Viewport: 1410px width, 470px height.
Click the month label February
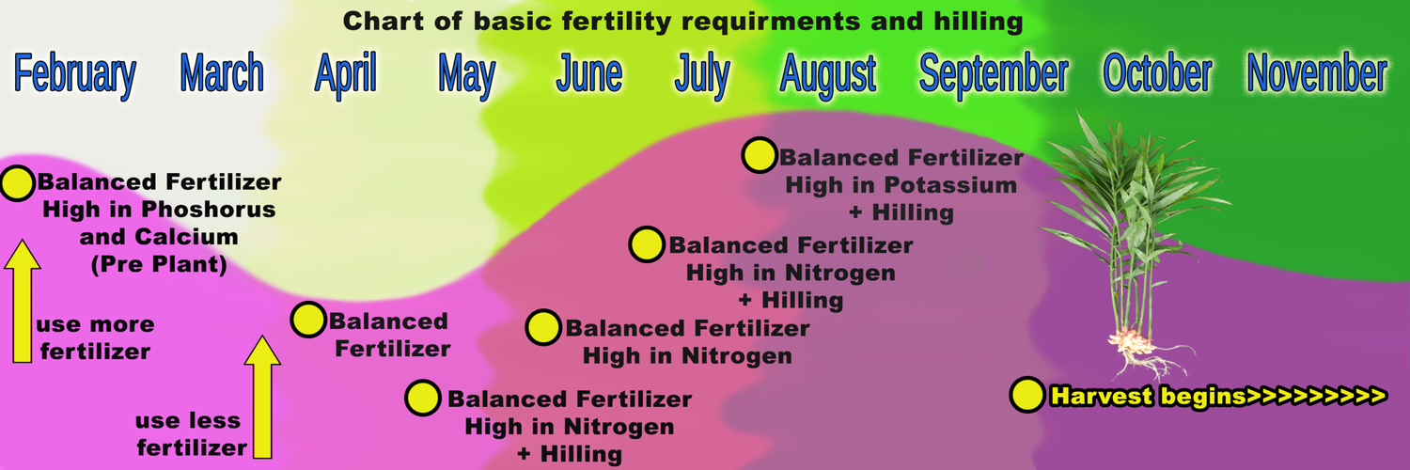pyautogui.click(x=75, y=74)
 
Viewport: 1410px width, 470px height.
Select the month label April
pyautogui.click(x=345, y=74)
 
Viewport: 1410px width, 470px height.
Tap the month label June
pyautogui.click(x=588, y=74)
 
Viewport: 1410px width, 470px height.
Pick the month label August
pyautogui.click(x=828, y=74)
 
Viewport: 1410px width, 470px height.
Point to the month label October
pyautogui.click(x=1157, y=74)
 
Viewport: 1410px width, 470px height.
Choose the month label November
pyautogui.click(x=1317, y=74)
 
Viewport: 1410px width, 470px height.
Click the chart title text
pyautogui.click(x=681, y=21)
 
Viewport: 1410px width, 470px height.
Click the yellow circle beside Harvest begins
pyautogui.click(x=1027, y=396)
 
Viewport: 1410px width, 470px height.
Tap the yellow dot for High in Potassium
pyautogui.click(x=759, y=156)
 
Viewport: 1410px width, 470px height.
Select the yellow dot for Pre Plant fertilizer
pyautogui.click(x=17, y=183)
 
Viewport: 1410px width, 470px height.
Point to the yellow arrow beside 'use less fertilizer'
pyautogui.click(x=262, y=395)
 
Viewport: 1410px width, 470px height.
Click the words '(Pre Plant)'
pyautogui.click(x=159, y=266)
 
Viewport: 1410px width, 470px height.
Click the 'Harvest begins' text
pyautogui.click(x=1217, y=396)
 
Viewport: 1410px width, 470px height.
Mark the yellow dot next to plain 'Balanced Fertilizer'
pyautogui.click(x=307, y=321)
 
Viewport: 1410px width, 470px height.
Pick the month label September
pyautogui.click(x=993, y=74)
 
